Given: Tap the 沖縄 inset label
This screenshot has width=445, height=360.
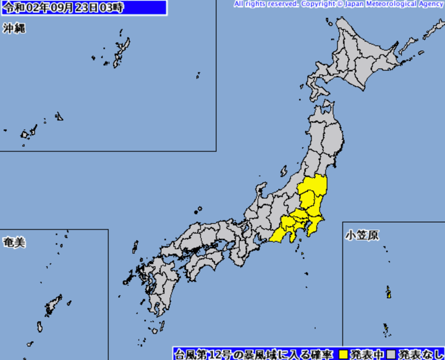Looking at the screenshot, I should [x=13, y=29].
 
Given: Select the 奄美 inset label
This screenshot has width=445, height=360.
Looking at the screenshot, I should [x=13, y=242].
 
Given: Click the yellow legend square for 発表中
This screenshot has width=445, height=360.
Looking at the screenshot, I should [x=344, y=354].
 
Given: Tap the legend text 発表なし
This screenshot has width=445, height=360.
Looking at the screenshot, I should [x=420, y=354].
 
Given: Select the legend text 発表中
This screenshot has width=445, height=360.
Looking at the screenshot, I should [x=365, y=354].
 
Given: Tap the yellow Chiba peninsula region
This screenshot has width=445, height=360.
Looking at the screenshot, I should [x=314, y=226].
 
